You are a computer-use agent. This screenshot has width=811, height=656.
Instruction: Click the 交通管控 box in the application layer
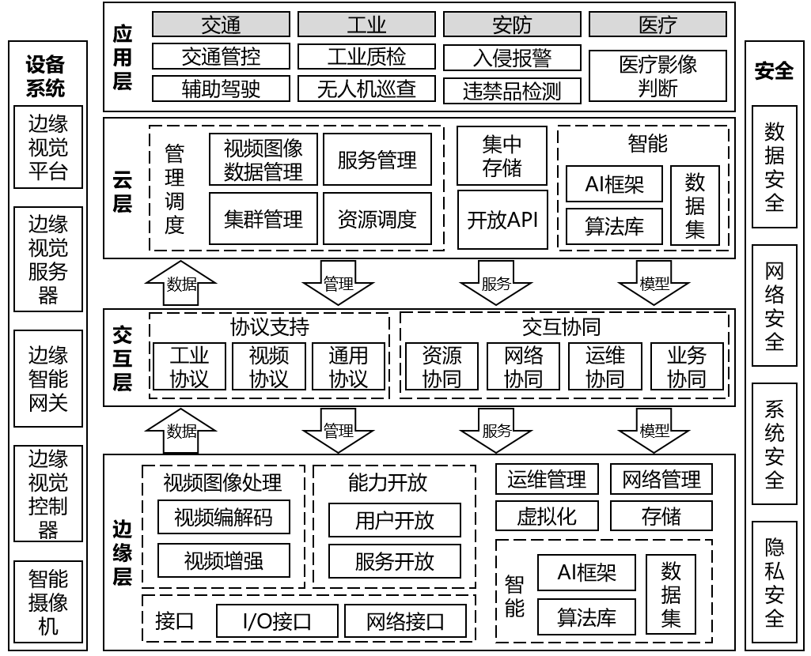coord(221,57)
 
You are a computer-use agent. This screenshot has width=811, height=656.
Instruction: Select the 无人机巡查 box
coord(366,89)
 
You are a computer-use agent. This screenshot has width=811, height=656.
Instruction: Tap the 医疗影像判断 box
coord(658,77)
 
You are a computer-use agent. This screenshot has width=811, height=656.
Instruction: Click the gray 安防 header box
coord(512,25)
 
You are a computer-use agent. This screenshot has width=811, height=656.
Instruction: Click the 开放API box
coord(502,219)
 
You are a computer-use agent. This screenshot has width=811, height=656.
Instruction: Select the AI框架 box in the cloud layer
coord(614,184)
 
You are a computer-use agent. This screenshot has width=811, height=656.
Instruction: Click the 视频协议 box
coord(268,367)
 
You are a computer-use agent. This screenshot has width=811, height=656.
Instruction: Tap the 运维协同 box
coord(605,367)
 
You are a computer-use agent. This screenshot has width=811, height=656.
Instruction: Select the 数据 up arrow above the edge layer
coord(182,431)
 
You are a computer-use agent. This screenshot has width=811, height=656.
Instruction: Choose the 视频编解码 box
coord(224,518)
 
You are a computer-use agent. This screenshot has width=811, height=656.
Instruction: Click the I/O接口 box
coord(277,621)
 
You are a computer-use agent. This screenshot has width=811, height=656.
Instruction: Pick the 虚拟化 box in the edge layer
coord(547,517)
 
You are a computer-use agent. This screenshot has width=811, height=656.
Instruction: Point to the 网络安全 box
coord(775,306)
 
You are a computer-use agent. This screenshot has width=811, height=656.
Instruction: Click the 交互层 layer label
coord(122,359)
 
